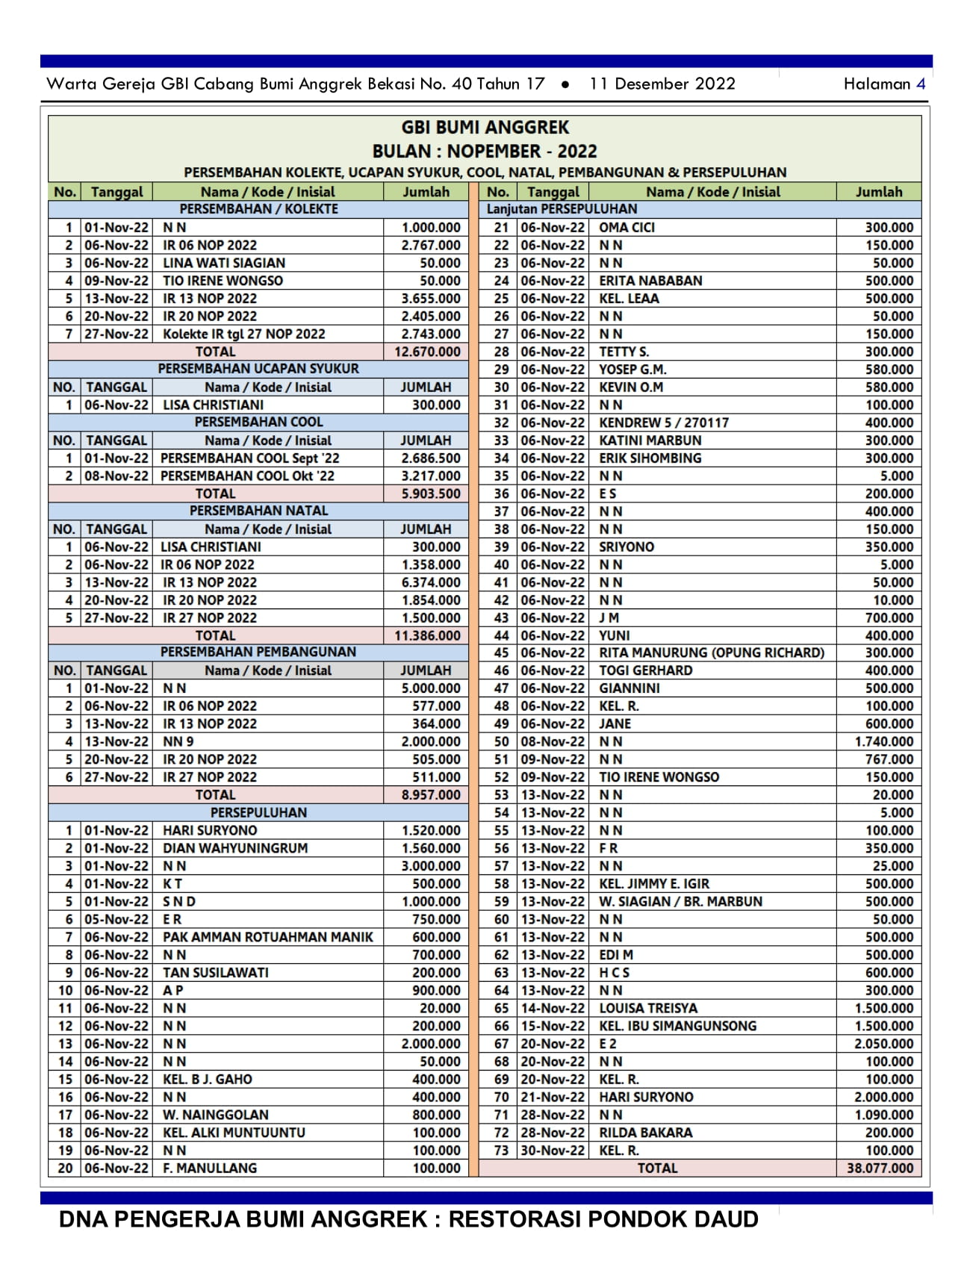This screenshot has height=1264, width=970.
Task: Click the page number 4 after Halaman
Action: point(921,84)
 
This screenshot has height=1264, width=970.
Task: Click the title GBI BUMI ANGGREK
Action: point(485,128)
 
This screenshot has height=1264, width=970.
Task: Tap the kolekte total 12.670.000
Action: point(427,352)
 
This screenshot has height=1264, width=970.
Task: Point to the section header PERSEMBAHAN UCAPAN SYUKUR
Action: point(258,369)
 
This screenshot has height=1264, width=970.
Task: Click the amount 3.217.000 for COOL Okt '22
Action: point(431,476)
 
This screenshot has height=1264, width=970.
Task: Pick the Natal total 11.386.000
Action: point(427,635)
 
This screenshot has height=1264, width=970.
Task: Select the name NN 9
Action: point(178,741)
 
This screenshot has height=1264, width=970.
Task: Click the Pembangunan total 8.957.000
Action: point(431,795)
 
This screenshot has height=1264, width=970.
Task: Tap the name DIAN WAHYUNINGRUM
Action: point(235,848)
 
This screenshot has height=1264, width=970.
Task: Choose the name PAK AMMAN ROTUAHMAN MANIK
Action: point(267,937)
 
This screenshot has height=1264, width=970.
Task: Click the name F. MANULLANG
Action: point(210,1168)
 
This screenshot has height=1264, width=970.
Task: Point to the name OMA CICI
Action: point(627,228)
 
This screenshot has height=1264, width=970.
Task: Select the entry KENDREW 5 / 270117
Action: point(664,423)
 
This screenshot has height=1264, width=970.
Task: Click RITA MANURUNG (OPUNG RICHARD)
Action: point(711,653)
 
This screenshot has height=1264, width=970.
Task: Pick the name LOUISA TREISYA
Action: point(648,1008)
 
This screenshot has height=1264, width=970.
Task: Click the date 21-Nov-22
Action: point(553,1097)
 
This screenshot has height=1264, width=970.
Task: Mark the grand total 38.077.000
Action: point(880,1168)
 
